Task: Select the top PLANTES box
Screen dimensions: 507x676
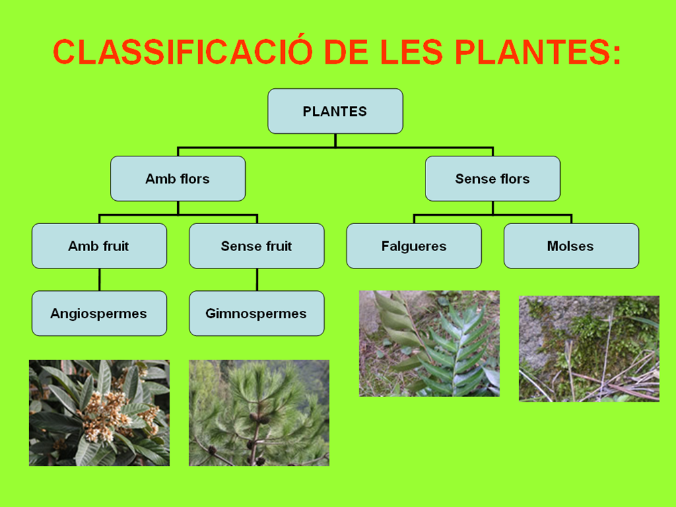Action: pyautogui.click(x=335, y=111)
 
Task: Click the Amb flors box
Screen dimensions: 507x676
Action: pyautogui.click(x=178, y=179)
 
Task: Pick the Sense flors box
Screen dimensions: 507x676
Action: pyautogui.click(x=492, y=179)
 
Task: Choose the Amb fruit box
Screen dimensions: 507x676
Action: pyautogui.click(x=99, y=246)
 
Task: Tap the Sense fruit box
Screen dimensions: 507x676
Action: pyautogui.click(x=256, y=246)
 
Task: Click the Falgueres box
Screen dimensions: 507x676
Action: pyautogui.click(x=414, y=246)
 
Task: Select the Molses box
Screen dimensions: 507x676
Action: pyautogui.click(x=571, y=246)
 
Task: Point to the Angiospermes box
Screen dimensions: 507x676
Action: pyautogui.click(x=99, y=313)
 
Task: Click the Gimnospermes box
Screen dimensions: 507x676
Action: pyautogui.click(x=256, y=313)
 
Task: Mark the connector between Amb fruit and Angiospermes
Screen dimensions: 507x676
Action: pyautogui.click(x=99, y=279)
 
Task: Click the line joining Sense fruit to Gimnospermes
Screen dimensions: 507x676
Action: pyautogui.click(x=257, y=279)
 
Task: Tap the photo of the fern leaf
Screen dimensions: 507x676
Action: pyautogui.click(x=429, y=343)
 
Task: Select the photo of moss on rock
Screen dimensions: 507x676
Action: pyautogui.click(x=589, y=349)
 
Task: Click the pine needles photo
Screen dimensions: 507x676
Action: pyautogui.click(x=258, y=412)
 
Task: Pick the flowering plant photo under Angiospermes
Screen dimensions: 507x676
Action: pyautogui.click(x=99, y=412)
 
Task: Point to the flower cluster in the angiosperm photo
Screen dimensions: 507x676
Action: pyautogui.click(x=106, y=411)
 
